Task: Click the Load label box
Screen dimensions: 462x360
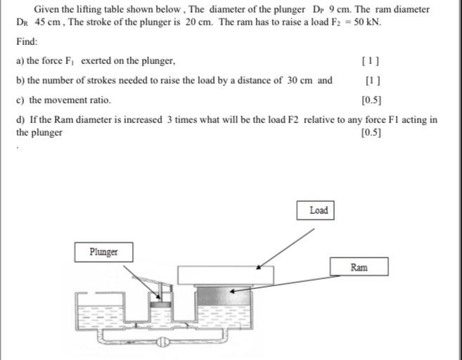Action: [x=319, y=210]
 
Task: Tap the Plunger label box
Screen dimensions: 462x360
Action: [x=103, y=252]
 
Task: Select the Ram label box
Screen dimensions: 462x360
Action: [x=358, y=267]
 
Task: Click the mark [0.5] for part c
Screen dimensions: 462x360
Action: [x=371, y=100]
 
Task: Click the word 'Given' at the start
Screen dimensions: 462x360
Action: [x=46, y=9]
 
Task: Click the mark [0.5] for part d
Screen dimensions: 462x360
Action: [x=371, y=132]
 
